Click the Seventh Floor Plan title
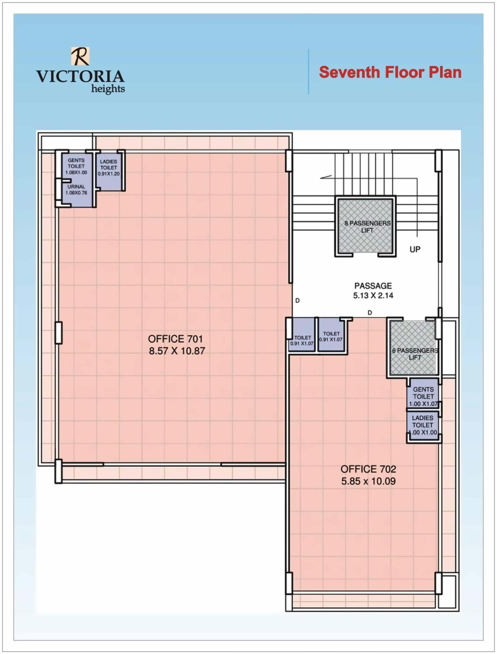(x=390, y=72)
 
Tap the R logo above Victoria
(x=80, y=56)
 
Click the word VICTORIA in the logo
(x=80, y=76)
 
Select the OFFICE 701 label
(x=175, y=339)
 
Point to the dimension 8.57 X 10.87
(x=177, y=351)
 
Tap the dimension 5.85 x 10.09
(x=368, y=481)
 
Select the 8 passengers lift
(x=365, y=226)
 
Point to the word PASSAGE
(x=373, y=286)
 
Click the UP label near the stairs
(x=415, y=249)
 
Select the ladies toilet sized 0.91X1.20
(x=109, y=170)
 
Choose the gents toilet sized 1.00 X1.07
(x=423, y=396)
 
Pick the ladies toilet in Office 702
(x=423, y=425)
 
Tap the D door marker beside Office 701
(x=297, y=300)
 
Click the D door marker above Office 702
(x=370, y=313)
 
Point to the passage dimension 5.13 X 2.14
(x=373, y=296)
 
